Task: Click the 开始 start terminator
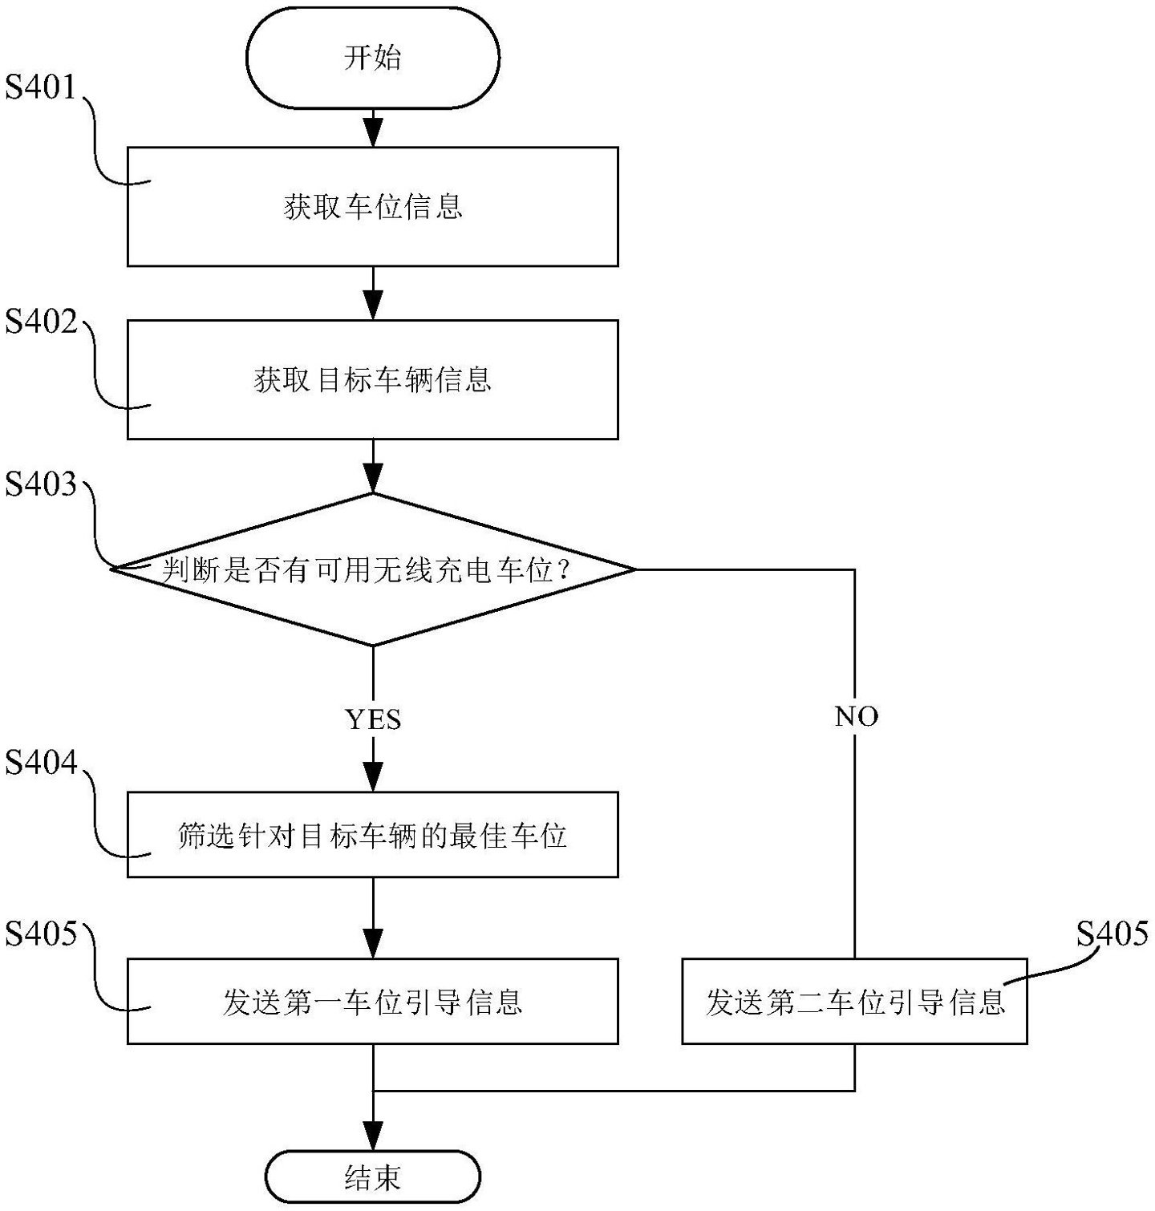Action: point(372,58)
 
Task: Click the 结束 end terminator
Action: point(372,1177)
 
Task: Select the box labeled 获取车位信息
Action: point(372,207)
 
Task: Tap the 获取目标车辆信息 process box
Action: point(372,379)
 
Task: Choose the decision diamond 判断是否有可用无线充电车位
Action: point(372,569)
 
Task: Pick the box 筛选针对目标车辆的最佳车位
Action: point(372,835)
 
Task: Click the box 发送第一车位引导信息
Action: point(372,1001)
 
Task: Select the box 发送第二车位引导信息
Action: point(854,1001)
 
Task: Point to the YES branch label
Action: point(372,719)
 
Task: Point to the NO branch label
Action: point(856,716)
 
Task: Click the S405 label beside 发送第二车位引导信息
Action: point(1112,934)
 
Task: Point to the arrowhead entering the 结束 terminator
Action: point(373,1138)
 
